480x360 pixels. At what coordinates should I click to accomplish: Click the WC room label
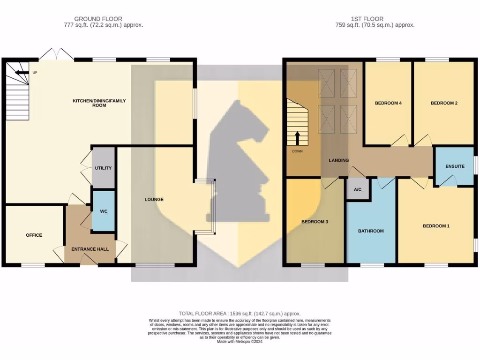(104, 211)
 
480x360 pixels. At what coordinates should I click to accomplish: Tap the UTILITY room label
(103, 168)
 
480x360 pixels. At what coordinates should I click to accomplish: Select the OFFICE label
(34, 235)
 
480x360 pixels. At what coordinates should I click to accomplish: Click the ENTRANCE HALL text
(90, 249)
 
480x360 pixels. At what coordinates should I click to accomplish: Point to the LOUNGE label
(154, 200)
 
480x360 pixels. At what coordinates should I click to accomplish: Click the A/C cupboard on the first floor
(358, 190)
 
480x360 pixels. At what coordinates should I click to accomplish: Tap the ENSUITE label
(455, 166)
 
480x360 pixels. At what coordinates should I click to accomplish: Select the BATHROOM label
(371, 231)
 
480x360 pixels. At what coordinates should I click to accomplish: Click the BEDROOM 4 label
(388, 103)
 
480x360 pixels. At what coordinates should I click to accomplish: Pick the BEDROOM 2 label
(444, 103)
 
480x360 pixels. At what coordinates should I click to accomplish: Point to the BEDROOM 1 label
(436, 226)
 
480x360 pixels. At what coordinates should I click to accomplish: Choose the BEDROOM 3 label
(314, 222)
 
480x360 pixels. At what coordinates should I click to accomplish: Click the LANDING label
(338, 160)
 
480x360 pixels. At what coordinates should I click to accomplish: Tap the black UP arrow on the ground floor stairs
(21, 73)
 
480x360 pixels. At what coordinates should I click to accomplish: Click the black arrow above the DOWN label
(297, 139)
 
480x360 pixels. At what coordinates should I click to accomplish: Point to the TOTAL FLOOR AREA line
(240, 314)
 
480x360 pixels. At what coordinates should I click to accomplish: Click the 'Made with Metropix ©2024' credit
(240, 342)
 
